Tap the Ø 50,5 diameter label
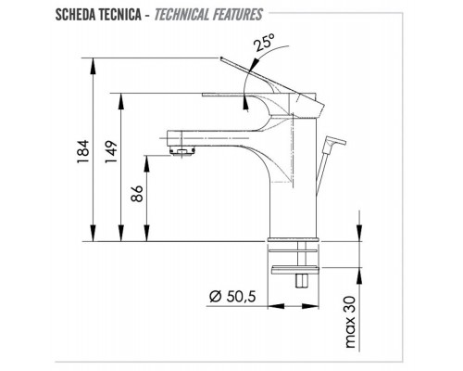[228, 298]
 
